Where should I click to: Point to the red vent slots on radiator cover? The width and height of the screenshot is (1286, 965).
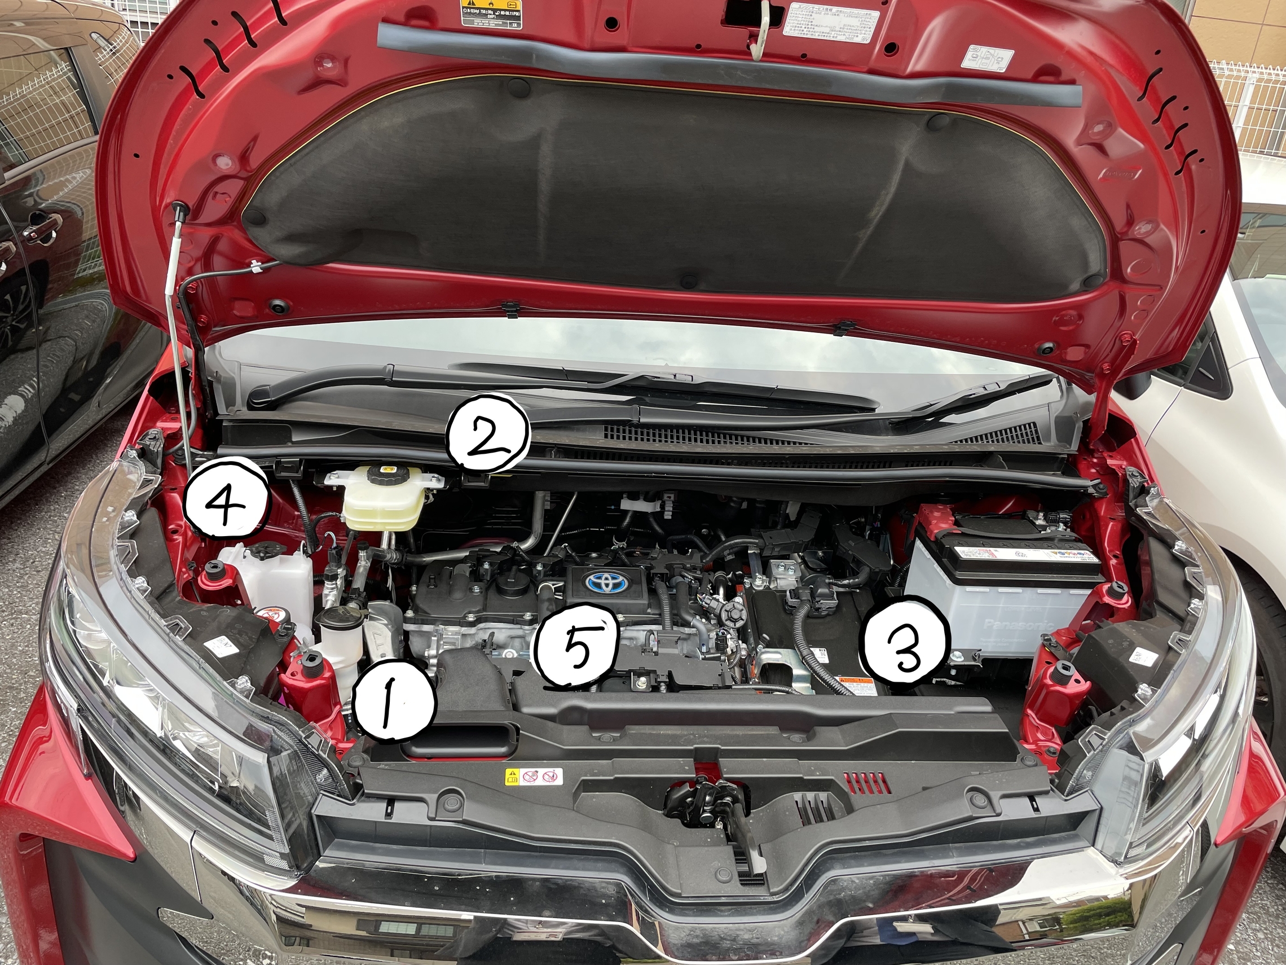click(x=869, y=782)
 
